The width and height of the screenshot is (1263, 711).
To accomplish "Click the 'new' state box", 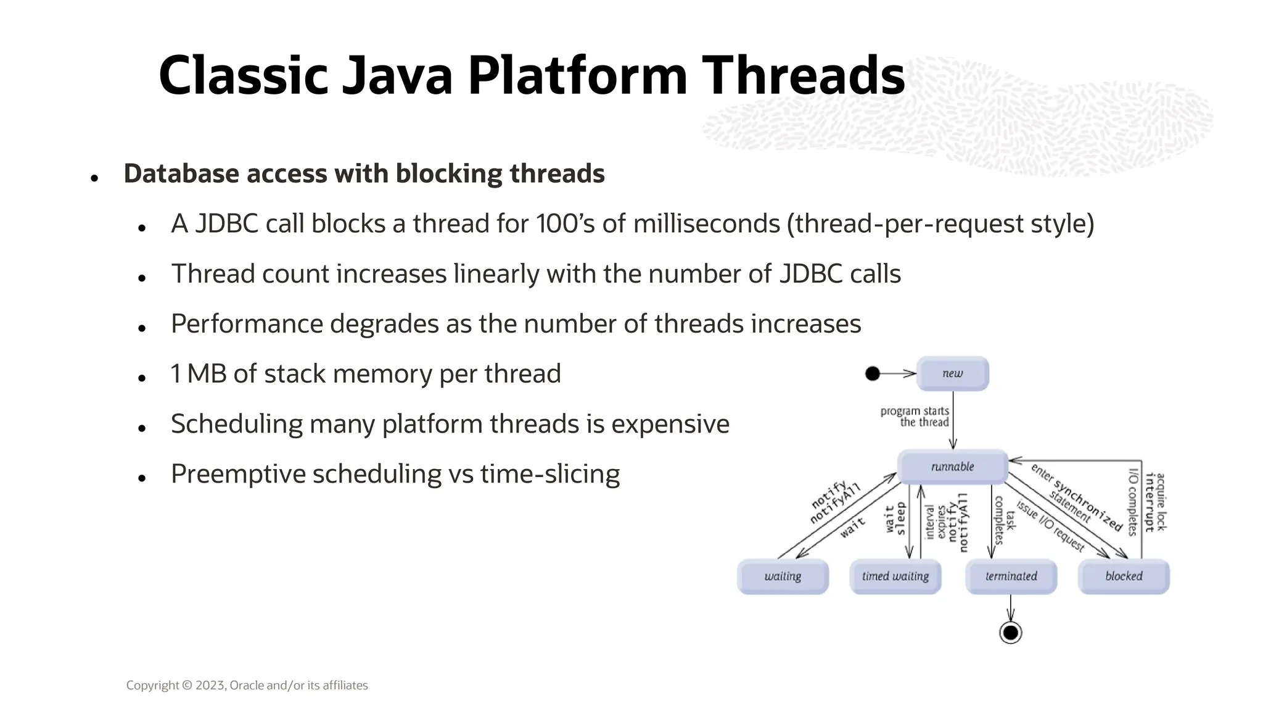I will coord(952,373).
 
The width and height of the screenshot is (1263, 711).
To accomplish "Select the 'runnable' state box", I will coord(952,467).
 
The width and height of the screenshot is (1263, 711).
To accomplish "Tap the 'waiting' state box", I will coord(783,576).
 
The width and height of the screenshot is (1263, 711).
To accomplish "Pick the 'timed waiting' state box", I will coord(895,576).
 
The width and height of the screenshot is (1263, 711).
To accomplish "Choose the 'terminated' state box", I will coord(1011,576).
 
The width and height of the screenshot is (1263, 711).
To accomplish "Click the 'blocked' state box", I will coord(1123,576).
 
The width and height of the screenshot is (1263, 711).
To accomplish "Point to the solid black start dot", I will coord(873,373).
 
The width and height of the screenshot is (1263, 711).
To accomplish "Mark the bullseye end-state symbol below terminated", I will coord(1010,633).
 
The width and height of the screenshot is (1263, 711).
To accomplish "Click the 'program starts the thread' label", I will coord(915,417).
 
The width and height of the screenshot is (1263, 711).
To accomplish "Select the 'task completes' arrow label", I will coord(1005,520).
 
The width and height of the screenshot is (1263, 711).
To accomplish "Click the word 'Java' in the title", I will coord(397,75).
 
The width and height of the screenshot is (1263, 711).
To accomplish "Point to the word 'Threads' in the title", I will coord(803,75).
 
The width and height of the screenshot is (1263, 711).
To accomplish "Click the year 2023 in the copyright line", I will coord(210,685).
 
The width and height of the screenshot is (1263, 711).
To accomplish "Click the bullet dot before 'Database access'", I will coord(94,178).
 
